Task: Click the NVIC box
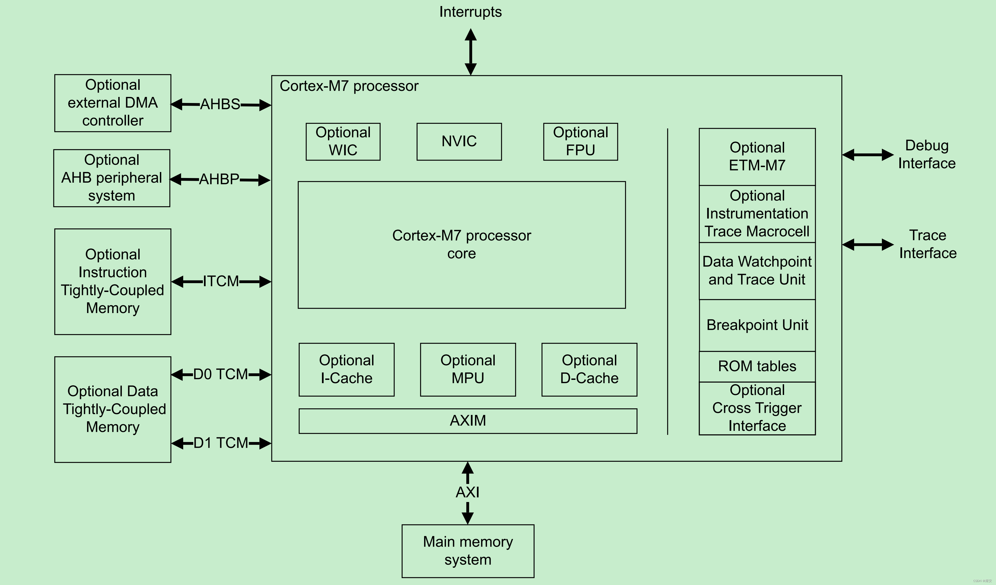[x=459, y=142]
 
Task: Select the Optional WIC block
[x=343, y=142]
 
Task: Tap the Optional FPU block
[x=580, y=142]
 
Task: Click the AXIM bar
[x=468, y=421]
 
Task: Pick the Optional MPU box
[x=468, y=369]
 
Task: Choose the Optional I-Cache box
[x=346, y=369]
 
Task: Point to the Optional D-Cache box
[x=589, y=369]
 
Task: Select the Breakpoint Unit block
[x=757, y=325]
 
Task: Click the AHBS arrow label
[x=220, y=104]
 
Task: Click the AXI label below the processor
[x=468, y=492]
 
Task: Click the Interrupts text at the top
[x=470, y=12]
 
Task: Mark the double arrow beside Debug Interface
[x=868, y=155]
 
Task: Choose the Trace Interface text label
[x=928, y=244]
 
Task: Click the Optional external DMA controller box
[x=113, y=103]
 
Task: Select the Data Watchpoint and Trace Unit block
[x=757, y=271]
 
